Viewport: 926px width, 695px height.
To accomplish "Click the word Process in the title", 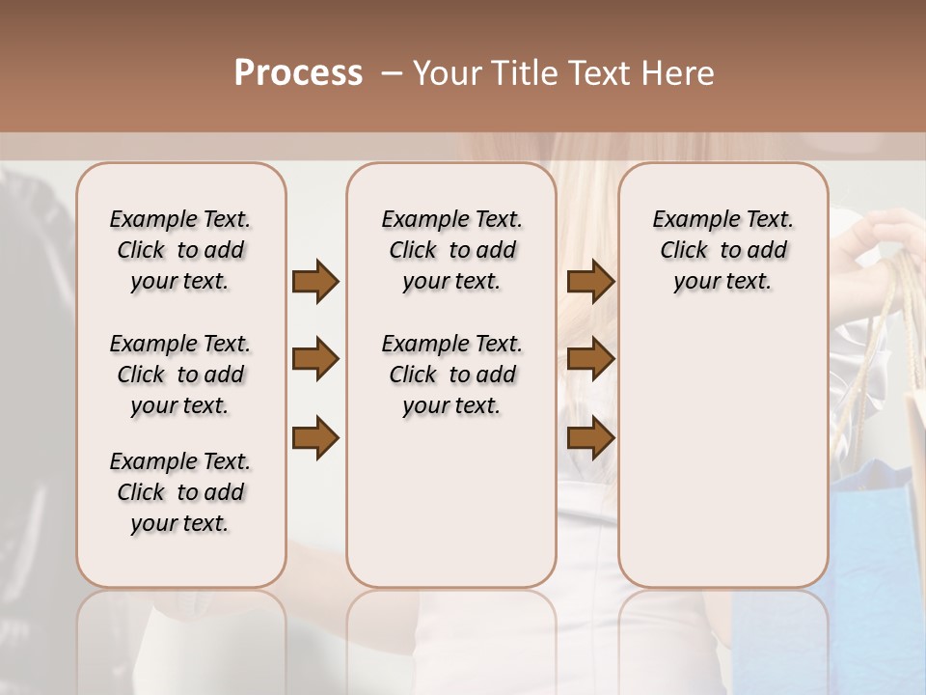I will (298, 73).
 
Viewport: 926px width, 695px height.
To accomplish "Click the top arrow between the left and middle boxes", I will (315, 281).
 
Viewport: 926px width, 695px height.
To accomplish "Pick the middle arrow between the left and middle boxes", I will (315, 360).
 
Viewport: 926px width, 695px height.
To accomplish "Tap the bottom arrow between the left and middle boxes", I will (315, 439).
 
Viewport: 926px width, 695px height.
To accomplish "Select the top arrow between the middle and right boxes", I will (590, 281).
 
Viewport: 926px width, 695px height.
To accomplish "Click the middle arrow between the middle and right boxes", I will (590, 360).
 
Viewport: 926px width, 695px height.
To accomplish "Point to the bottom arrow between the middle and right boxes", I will (590, 439).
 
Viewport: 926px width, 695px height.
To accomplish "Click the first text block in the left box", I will (180, 250).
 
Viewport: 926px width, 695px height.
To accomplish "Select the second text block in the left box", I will (180, 375).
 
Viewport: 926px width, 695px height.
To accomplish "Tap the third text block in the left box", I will (180, 492).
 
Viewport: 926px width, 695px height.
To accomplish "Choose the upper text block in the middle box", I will (452, 250).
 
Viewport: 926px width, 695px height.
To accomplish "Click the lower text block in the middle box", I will (452, 375).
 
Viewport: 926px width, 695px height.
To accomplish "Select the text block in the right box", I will (723, 250).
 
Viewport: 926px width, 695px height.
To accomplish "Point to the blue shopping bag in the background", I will (873, 541).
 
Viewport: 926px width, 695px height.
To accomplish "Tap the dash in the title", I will (392, 73).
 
